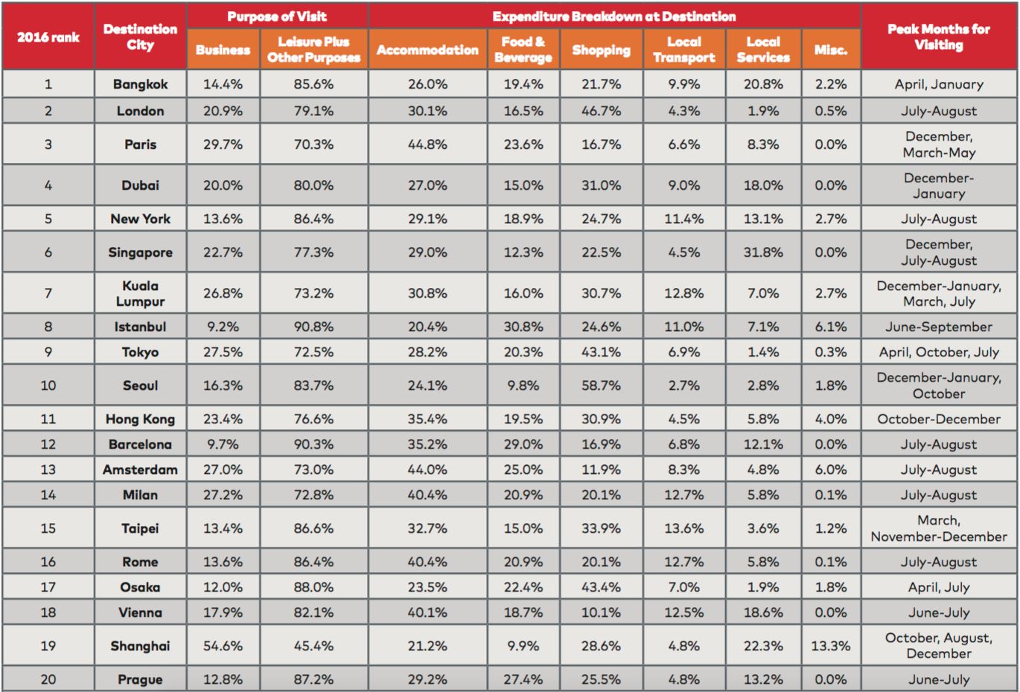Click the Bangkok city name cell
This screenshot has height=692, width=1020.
(x=140, y=84)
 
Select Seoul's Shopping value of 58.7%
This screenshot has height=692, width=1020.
(x=601, y=385)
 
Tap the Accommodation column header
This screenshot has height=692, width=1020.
(x=427, y=50)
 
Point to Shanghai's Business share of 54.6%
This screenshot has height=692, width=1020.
(x=223, y=646)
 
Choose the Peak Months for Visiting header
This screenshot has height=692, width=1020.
(x=939, y=36)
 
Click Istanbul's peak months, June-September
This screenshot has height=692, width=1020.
(x=939, y=327)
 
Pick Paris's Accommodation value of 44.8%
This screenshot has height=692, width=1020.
(x=427, y=144)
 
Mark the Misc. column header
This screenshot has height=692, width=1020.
(x=831, y=50)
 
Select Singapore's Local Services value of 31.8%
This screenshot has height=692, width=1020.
(x=763, y=252)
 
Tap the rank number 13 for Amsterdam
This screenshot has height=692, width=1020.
(x=48, y=469)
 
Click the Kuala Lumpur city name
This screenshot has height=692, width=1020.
(x=140, y=293)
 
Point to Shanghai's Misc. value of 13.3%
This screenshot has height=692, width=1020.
(x=831, y=646)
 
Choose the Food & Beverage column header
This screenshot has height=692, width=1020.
(x=523, y=49)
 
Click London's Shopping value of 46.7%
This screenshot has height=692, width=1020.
(x=601, y=111)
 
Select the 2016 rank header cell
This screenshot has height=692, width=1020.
(x=48, y=37)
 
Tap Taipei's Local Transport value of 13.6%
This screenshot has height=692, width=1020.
(x=683, y=528)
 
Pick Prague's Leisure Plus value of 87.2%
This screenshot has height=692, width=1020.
(x=313, y=679)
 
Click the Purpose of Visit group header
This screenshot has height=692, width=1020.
(x=277, y=16)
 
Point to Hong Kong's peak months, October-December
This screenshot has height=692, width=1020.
(x=939, y=419)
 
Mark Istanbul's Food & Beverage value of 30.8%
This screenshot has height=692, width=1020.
(x=523, y=327)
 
